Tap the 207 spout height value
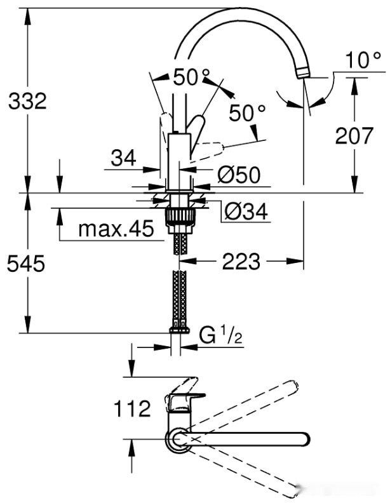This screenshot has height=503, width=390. pyautogui.click(x=354, y=135)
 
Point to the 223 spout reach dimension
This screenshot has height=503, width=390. pyautogui.click(x=241, y=260)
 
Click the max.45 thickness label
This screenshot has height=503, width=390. pyautogui.click(x=116, y=229)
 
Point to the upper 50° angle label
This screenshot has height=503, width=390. pyautogui.click(x=191, y=78)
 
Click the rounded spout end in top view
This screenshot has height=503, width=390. pyautogui.click(x=304, y=438)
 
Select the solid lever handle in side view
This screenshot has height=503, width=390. pyautogui.click(x=198, y=130)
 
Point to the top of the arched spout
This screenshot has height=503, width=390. pyautogui.click(x=235, y=10)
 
